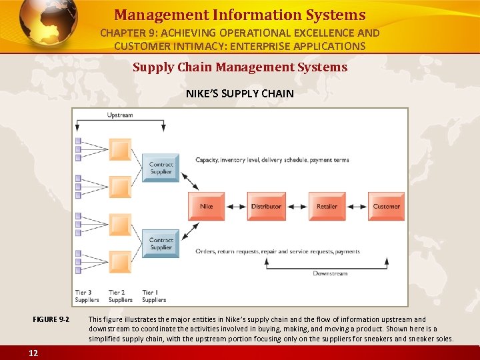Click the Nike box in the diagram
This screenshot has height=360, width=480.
pyautogui.click(x=207, y=206)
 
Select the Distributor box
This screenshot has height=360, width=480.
pyautogui.click(x=266, y=206)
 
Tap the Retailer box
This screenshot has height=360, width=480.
pyautogui.click(x=327, y=206)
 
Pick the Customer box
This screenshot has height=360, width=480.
pyautogui.click(x=386, y=206)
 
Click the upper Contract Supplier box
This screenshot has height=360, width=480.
pyautogui.click(x=161, y=167)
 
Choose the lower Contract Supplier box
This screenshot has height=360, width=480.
pyautogui.click(x=161, y=243)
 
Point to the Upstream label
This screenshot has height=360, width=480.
pyautogui.click(x=120, y=115)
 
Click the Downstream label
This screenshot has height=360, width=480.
pyautogui.click(x=330, y=273)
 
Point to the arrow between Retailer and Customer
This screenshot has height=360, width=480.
pyautogui.click(x=357, y=206)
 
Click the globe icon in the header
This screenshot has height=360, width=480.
pyautogui.click(x=47, y=24)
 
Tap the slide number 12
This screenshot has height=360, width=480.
pyautogui.click(x=33, y=353)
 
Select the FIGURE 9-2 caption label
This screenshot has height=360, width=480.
pyautogui.click(x=51, y=320)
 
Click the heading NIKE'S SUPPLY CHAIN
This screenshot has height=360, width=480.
pyautogui.click(x=239, y=93)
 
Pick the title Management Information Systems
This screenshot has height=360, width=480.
pyautogui.click(x=239, y=15)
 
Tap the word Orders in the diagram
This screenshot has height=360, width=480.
pyautogui.click(x=205, y=251)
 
